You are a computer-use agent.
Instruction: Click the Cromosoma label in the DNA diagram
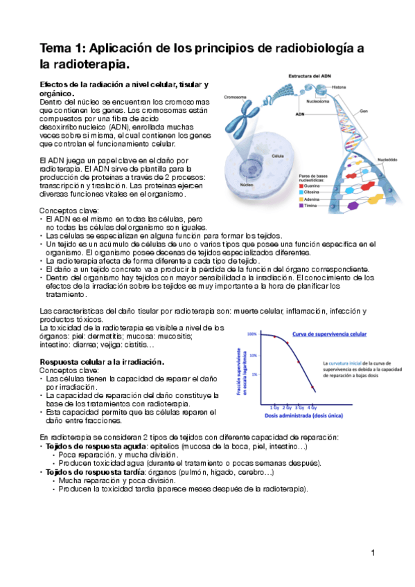236,97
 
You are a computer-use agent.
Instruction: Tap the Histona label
339,87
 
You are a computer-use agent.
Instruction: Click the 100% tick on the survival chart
253,334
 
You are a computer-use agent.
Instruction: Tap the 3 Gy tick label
299,408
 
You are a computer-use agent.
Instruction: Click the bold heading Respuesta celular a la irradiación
102,362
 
